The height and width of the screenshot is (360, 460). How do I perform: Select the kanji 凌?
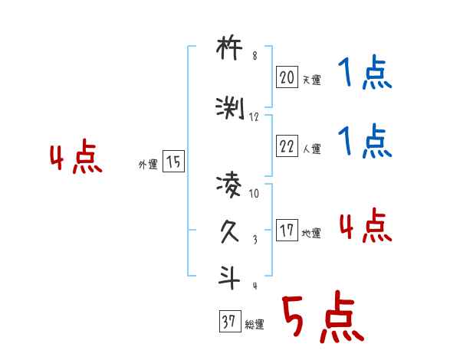click(x=230, y=185)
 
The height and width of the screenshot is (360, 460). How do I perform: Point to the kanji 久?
click(x=230, y=230)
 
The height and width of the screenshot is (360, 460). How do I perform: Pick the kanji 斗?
click(x=230, y=276)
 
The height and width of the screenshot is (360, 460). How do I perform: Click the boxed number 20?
click(x=287, y=77)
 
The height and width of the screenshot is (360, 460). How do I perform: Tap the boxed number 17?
click(x=287, y=231)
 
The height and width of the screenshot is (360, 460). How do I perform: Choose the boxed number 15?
click(x=174, y=162)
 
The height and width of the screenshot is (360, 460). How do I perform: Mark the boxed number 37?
click(x=228, y=322)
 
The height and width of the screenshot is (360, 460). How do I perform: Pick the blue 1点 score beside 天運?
click(x=365, y=75)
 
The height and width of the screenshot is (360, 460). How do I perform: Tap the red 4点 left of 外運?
click(x=75, y=159)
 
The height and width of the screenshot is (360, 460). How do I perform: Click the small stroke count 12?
click(x=255, y=117)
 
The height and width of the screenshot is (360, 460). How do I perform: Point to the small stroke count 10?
click(x=255, y=194)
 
